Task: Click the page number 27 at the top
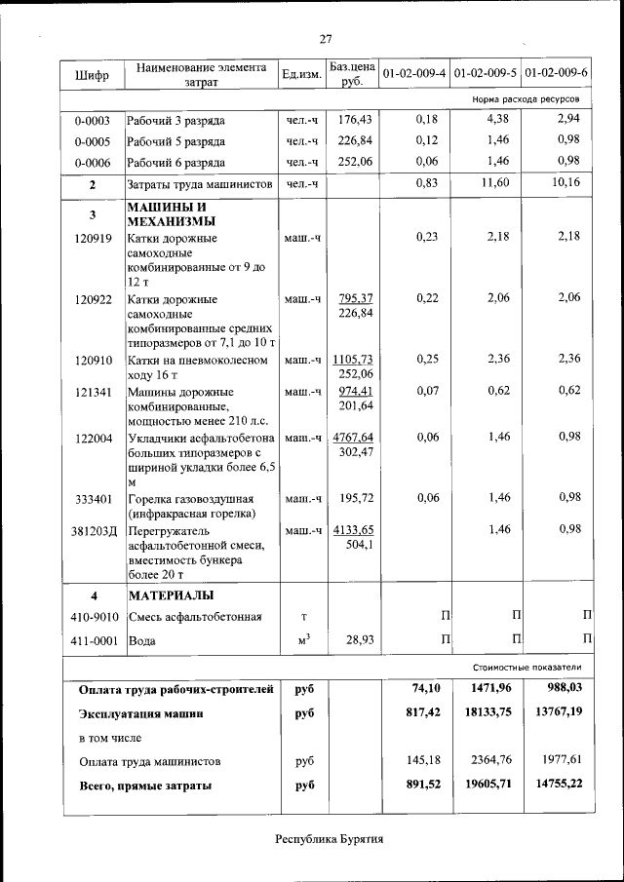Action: click(x=326, y=39)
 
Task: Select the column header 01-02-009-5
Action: click(x=485, y=74)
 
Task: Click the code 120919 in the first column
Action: click(x=92, y=238)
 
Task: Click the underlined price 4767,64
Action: click(x=353, y=438)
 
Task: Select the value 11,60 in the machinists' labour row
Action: click(x=495, y=183)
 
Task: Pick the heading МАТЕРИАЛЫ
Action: click(x=171, y=594)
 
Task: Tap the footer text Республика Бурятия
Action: click(x=330, y=839)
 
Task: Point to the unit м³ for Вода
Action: click(x=303, y=639)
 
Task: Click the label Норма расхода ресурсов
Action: click(x=526, y=99)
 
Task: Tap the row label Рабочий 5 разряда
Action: click(x=176, y=141)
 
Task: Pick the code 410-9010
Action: click(x=94, y=617)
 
